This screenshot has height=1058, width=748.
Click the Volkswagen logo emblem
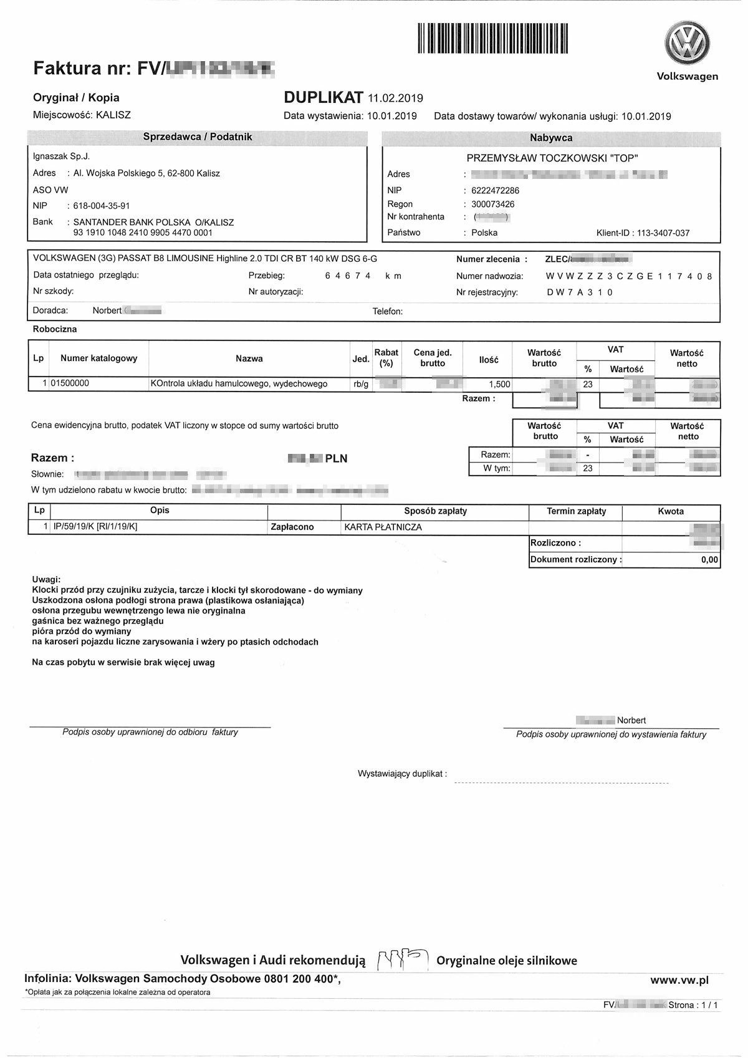pos(687,43)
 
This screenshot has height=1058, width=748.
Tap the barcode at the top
pos(493,38)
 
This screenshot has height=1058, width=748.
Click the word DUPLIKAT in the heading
pos(323,97)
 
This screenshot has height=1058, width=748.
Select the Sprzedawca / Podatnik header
pos(198,137)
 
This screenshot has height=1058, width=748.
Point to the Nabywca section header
pos(551,138)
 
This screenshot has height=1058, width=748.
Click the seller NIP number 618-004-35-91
pos(102,206)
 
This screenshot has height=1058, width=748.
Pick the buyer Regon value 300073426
pos(493,204)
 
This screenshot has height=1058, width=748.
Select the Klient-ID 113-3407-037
pos(663,233)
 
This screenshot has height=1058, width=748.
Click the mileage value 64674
pos(348,276)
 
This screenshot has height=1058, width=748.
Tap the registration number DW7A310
pos(580,292)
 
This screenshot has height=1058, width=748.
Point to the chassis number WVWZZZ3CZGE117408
pos(628,276)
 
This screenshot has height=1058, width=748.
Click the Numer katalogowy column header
pos(98,358)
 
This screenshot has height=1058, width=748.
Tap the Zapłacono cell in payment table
pos(292,527)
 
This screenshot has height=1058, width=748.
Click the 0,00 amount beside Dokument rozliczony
pos(709,560)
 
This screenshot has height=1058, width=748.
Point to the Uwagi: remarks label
pos(46,580)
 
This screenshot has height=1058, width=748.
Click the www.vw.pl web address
pos(679,981)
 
